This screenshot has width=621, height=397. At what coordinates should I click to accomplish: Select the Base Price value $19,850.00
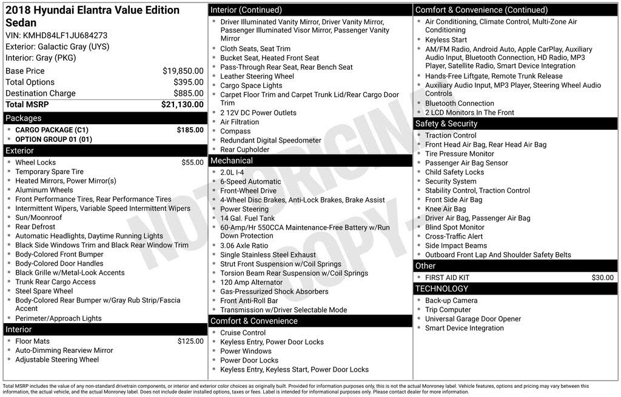pos(183,71)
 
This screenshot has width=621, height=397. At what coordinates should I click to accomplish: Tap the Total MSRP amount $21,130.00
pos(182,104)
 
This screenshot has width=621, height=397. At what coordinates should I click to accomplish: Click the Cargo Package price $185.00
pos(190,130)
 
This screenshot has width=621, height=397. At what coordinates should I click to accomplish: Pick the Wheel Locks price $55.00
pos(192,162)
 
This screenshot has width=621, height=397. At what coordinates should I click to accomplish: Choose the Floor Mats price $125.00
pos(190,341)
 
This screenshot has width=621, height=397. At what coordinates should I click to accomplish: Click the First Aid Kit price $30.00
pos(602,278)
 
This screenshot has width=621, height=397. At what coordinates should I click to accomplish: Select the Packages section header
pos(24,118)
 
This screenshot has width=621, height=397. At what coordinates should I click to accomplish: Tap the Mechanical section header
pos(231,161)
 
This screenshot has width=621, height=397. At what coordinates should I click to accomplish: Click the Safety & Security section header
pos(446,124)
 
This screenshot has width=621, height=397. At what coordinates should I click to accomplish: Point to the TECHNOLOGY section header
pos(442,289)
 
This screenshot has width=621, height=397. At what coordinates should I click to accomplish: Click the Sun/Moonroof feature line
pos(39,218)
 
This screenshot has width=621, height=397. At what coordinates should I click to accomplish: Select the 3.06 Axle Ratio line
pos(244,245)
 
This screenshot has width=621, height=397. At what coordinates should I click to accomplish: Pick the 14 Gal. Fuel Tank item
pos(247,218)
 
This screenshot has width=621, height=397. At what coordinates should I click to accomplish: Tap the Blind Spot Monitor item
pos(455,227)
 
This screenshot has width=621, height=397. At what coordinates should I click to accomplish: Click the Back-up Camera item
pos(451,301)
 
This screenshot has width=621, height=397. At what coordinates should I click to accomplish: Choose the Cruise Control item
pos(243,333)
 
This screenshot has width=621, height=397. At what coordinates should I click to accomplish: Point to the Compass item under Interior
pos(235,131)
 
